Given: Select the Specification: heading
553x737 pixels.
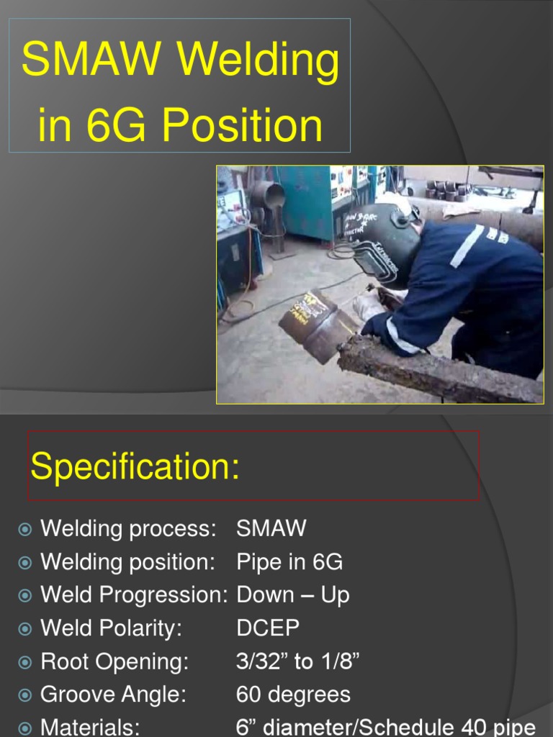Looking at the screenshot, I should [135, 468].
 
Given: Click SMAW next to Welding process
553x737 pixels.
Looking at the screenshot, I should [271, 528].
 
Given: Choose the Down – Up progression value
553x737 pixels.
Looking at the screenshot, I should [293, 595].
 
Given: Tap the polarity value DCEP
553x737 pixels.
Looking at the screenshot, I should [268, 628].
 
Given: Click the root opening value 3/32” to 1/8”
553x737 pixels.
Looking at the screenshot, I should [297, 661].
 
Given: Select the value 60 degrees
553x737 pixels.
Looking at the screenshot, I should [293, 695].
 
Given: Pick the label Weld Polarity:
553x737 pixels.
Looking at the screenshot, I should [111, 628].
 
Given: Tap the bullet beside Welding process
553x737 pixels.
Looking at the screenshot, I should [25, 530].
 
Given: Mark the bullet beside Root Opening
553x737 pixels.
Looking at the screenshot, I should [25, 662].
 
